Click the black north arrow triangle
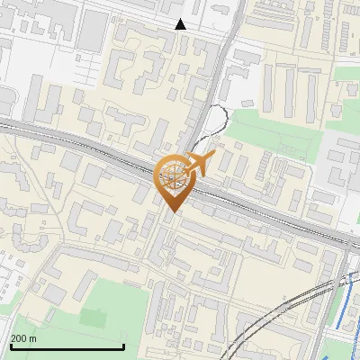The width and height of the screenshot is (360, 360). (x=181, y=24)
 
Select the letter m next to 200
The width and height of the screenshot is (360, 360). (x=33, y=338)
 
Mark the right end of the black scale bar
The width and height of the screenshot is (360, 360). (x=123, y=346)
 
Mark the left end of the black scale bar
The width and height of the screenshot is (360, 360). (x=10, y=346)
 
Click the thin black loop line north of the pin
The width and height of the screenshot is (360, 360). (x=216, y=121)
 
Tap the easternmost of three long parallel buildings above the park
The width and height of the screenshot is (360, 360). (x=314, y=94)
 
